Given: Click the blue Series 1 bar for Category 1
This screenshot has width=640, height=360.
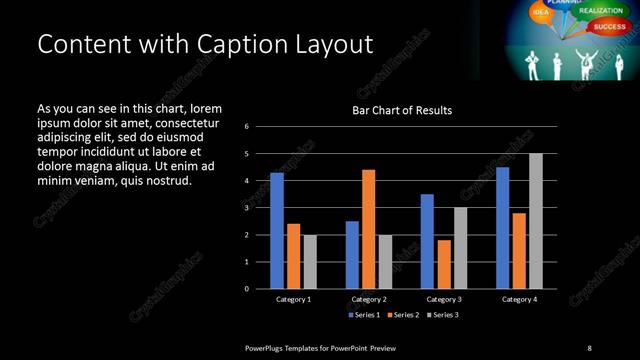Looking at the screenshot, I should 277,230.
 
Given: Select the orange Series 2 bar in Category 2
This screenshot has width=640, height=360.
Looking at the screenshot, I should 368,229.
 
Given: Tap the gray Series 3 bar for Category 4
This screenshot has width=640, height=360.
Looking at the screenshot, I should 536,221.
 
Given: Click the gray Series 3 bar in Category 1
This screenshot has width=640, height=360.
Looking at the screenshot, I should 310,262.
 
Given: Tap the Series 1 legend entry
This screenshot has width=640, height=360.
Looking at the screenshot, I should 364,315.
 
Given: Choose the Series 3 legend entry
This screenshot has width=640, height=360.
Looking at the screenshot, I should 443,315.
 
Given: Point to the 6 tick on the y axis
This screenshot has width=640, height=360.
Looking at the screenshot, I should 246,127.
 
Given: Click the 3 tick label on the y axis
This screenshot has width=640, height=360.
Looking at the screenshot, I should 246,208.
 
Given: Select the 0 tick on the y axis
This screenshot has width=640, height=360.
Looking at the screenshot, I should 246,289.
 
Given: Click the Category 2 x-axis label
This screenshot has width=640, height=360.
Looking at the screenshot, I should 368,299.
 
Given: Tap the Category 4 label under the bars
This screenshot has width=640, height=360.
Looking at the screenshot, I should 518,299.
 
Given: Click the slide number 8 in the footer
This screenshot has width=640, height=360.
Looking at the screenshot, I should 589,347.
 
